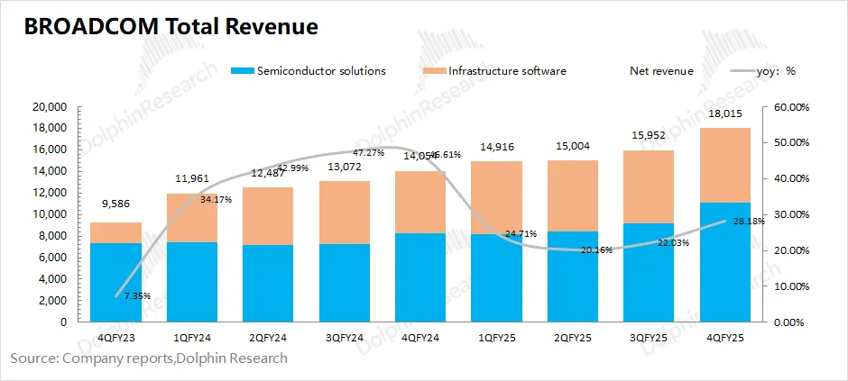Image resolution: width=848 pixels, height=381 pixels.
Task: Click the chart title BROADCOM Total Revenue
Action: coord(171,27)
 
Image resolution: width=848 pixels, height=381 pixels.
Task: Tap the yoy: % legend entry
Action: coord(770,71)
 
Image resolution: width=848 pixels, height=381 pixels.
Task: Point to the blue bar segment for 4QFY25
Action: coord(726,262)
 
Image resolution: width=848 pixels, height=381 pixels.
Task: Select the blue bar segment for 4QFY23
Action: coord(115,282)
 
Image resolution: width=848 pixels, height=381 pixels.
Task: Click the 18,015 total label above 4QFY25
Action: coord(726,114)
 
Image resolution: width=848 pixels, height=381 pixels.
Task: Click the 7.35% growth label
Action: coord(138,295)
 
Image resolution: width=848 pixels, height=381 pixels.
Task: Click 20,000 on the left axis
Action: coord(51,106)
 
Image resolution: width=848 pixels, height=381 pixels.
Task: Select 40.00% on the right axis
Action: coord(790,178)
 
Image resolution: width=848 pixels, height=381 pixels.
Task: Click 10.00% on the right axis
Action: coord(790,286)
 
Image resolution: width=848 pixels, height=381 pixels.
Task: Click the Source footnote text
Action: coord(149,358)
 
